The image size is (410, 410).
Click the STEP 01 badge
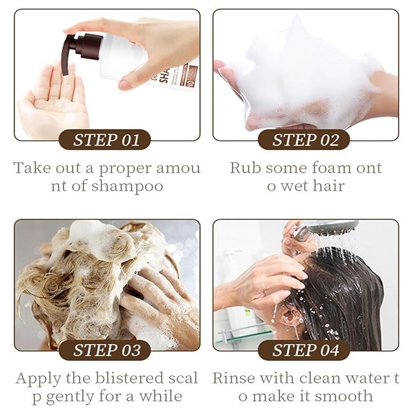pyautogui.click(x=105, y=139)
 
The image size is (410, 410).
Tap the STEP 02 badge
pyautogui.click(x=304, y=139)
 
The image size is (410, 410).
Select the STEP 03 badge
pyautogui.click(x=105, y=350)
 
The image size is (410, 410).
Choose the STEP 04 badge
pyautogui.click(x=304, y=350)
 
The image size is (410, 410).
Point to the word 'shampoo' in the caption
pyautogui.click(x=127, y=187)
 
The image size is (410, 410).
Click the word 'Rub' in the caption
pyautogui.click(x=245, y=168)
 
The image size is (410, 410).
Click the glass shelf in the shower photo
pyautogui.click(x=243, y=336)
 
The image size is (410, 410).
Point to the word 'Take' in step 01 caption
pyautogui.click(x=28, y=168)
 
